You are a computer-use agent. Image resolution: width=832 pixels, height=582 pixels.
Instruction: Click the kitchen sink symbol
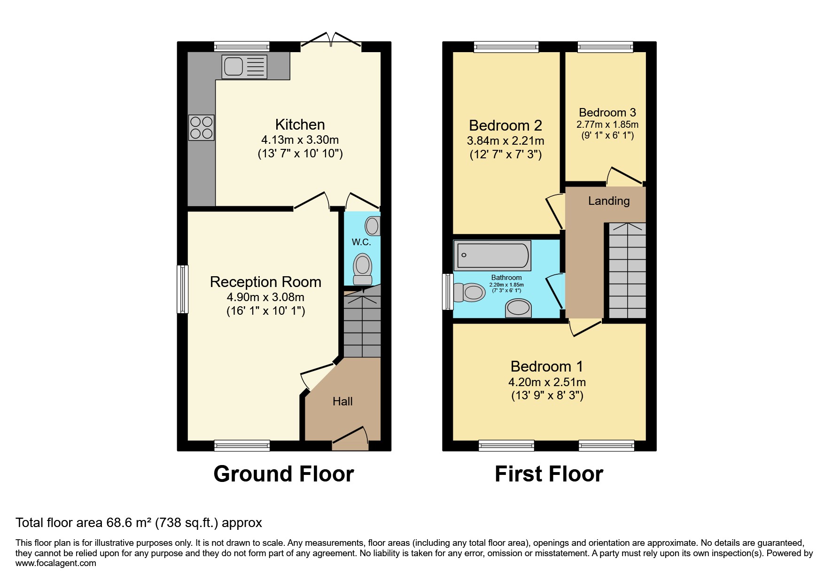pyautogui.click(x=244, y=66)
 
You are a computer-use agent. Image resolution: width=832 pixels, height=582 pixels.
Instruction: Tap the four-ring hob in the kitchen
pyautogui.click(x=202, y=128)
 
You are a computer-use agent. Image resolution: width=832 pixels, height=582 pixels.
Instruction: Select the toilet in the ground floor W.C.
pyautogui.click(x=362, y=269)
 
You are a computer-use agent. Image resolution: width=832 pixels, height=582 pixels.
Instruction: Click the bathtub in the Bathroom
pyautogui.click(x=492, y=256)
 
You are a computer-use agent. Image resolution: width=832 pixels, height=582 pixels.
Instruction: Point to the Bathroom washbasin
pyautogui.click(x=518, y=309)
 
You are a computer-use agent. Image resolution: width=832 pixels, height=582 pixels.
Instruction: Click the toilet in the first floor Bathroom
pyautogui.click(x=470, y=293)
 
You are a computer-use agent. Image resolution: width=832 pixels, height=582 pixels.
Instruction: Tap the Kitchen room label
pyautogui.click(x=300, y=124)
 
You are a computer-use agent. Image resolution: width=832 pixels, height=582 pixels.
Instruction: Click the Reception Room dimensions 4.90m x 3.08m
pyautogui.click(x=265, y=297)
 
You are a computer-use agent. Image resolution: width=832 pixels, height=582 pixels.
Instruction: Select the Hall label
pyautogui.click(x=342, y=402)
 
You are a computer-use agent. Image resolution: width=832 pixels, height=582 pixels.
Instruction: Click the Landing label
pyautogui.click(x=609, y=201)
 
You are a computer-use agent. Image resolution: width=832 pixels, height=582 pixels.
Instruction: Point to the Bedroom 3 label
pyautogui.click(x=607, y=113)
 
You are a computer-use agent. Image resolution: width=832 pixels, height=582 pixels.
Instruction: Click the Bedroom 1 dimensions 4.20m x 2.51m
pyautogui.click(x=547, y=382)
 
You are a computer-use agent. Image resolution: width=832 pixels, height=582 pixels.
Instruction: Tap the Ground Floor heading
pyautogui.click(x=283, y=474)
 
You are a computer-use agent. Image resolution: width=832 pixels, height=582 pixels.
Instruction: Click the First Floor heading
pyautogui.click(x=549, y=474)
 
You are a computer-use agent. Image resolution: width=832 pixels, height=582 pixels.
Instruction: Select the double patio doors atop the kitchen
pyautogui.click(x=331, y=40)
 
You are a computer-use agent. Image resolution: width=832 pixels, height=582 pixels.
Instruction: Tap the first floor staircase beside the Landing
pyautogui.click(x=627, y=271)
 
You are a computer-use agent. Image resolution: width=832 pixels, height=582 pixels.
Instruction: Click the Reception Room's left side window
pyautogui.click(x=183, y=289)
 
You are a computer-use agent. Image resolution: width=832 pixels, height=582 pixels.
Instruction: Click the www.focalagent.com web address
pyautogui.click(x=55, y=563)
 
